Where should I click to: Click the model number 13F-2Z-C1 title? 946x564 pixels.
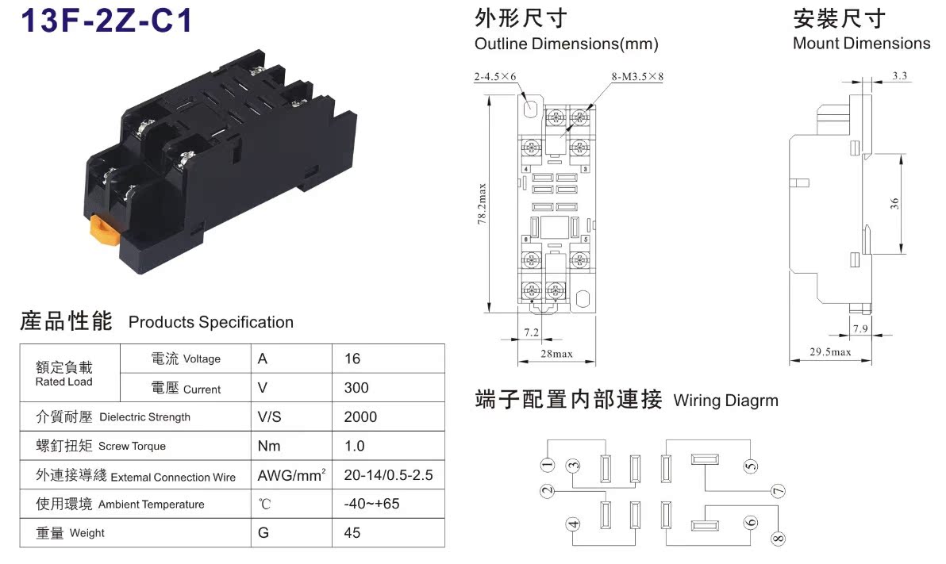[x=106, y=21]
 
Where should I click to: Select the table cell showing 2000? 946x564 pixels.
[x=360, y=417]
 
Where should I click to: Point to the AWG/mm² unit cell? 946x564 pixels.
[x=291, y=476]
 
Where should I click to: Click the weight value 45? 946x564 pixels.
[x=352, y=533]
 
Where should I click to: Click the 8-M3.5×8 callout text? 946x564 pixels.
[x=637, y=77]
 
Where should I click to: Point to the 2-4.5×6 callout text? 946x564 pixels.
[x=495, y=77]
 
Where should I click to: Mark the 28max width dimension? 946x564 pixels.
[x=556, y=354]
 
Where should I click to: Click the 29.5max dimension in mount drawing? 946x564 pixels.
[x=830, y=352]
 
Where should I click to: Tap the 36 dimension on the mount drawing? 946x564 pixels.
[x=895, y=204]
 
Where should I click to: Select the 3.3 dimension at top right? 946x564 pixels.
[x=900, y=76]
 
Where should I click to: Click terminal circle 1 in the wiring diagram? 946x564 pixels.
[x=547, y=464]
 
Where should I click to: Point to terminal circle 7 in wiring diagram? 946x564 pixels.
[x=779, y=491]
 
